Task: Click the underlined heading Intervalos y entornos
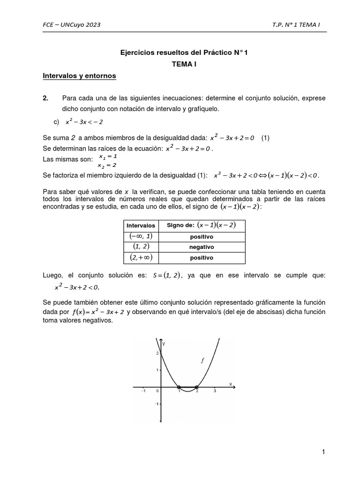point(79,75)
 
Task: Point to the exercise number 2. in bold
point(45,98)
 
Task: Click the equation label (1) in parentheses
point(265,138)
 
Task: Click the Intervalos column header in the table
point(141,225)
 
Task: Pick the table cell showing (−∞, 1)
point(141,236)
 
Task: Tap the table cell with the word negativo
point(201,247)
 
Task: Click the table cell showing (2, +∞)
point(141,257)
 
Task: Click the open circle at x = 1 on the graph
point(179,387)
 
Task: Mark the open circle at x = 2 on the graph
point(196,387)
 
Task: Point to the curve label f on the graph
point(202,360)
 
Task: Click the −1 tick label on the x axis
point(143,391)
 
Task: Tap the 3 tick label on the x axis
point(215,391)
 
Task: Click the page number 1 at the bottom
point(323,452)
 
